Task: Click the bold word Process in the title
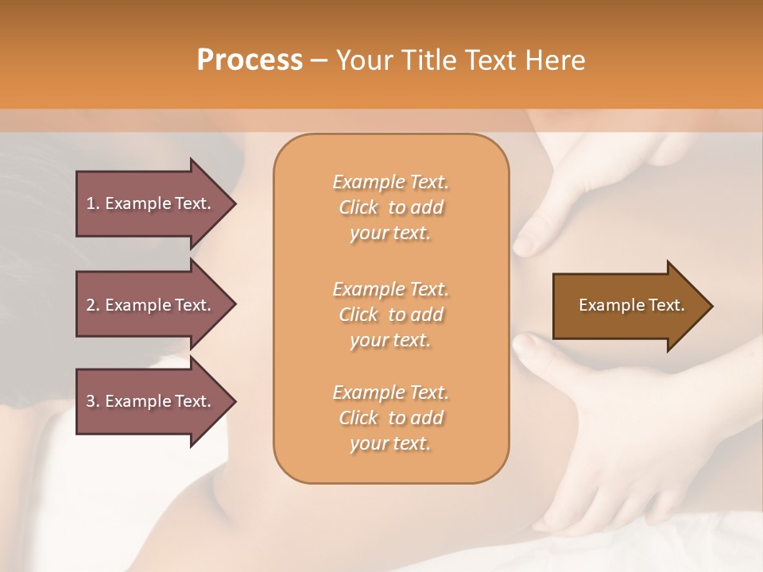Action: [x=250, y=60]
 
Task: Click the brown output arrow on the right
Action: [x=628, y=305]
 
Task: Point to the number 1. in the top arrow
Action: [x=92, y=203]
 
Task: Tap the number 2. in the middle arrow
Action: [x=92, y=305]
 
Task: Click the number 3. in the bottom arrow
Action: [x=92, y=401]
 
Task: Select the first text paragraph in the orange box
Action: [x=391, y=207]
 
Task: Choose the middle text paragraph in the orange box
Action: [x=391, y=315]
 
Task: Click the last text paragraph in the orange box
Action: [x=391, y=418]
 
